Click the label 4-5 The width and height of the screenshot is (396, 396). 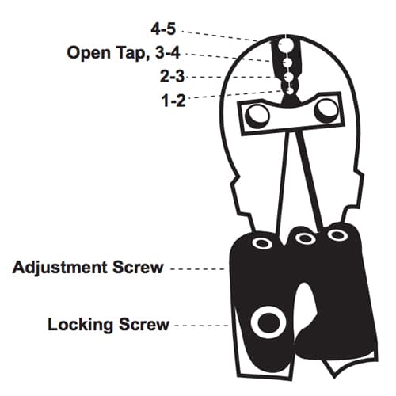coord(163,29)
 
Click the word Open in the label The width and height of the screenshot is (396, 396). coord(89,53)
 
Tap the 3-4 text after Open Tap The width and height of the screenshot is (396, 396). coord(168,52)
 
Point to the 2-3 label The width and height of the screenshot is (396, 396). coord(172,76)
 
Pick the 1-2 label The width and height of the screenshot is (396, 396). coord(173,101)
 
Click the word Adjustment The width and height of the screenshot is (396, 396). coord(60,268)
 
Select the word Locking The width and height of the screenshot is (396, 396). coord(81,325)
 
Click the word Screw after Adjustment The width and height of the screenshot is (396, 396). coord(139,268)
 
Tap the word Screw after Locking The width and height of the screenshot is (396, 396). coord(144,324)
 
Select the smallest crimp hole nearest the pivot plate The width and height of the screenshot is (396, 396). coord(290,91)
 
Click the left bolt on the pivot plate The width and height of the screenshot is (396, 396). coord(257,116)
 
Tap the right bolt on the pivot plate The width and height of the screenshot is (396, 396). coord(326,111)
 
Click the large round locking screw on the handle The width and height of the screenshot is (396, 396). coord(268,322)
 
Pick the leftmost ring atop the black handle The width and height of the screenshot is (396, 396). coord(262,242)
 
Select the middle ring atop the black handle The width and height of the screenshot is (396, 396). coord(306,238)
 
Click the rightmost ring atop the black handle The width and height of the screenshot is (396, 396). coord(337,234)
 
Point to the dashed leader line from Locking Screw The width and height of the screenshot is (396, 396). coord(201,326)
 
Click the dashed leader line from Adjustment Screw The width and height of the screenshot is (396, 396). coord(197,269)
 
